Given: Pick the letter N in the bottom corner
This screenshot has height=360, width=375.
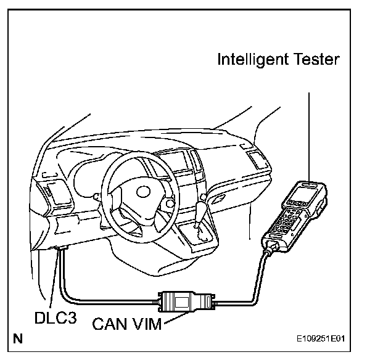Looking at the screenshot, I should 18,338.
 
